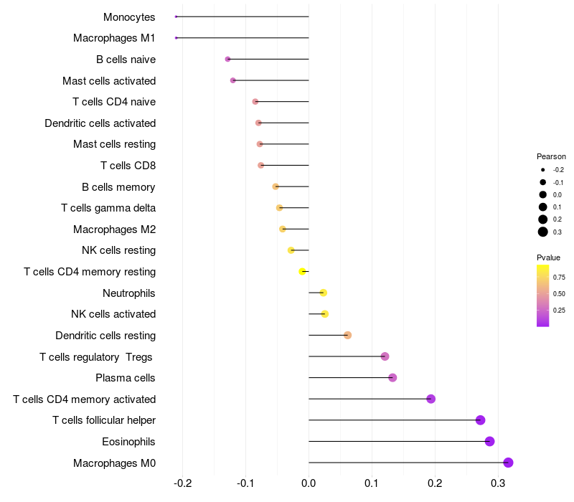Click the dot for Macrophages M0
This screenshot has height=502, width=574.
(508, 463)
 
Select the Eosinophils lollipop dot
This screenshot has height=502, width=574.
(489, 441)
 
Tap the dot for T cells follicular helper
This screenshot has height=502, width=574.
(480, 420)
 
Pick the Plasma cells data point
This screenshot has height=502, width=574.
(392, 378)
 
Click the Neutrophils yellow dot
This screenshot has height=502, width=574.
(324, 293)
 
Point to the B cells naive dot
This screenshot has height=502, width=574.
(227, 59)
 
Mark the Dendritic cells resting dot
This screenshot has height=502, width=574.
(347, 335)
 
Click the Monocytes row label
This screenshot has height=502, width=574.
(129, 17)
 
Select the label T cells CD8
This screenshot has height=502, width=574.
(128, 166)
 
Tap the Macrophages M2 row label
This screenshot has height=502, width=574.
(114, 229)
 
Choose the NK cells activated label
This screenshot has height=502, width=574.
(113, 314)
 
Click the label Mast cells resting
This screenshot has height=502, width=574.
(114, 144)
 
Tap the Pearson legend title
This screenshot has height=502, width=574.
(551, 156)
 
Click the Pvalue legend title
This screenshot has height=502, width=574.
(548, 257)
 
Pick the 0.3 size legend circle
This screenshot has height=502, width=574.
(543, 232)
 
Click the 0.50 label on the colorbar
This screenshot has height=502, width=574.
(559, 293)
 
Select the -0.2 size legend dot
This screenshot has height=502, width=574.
(543, 170)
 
